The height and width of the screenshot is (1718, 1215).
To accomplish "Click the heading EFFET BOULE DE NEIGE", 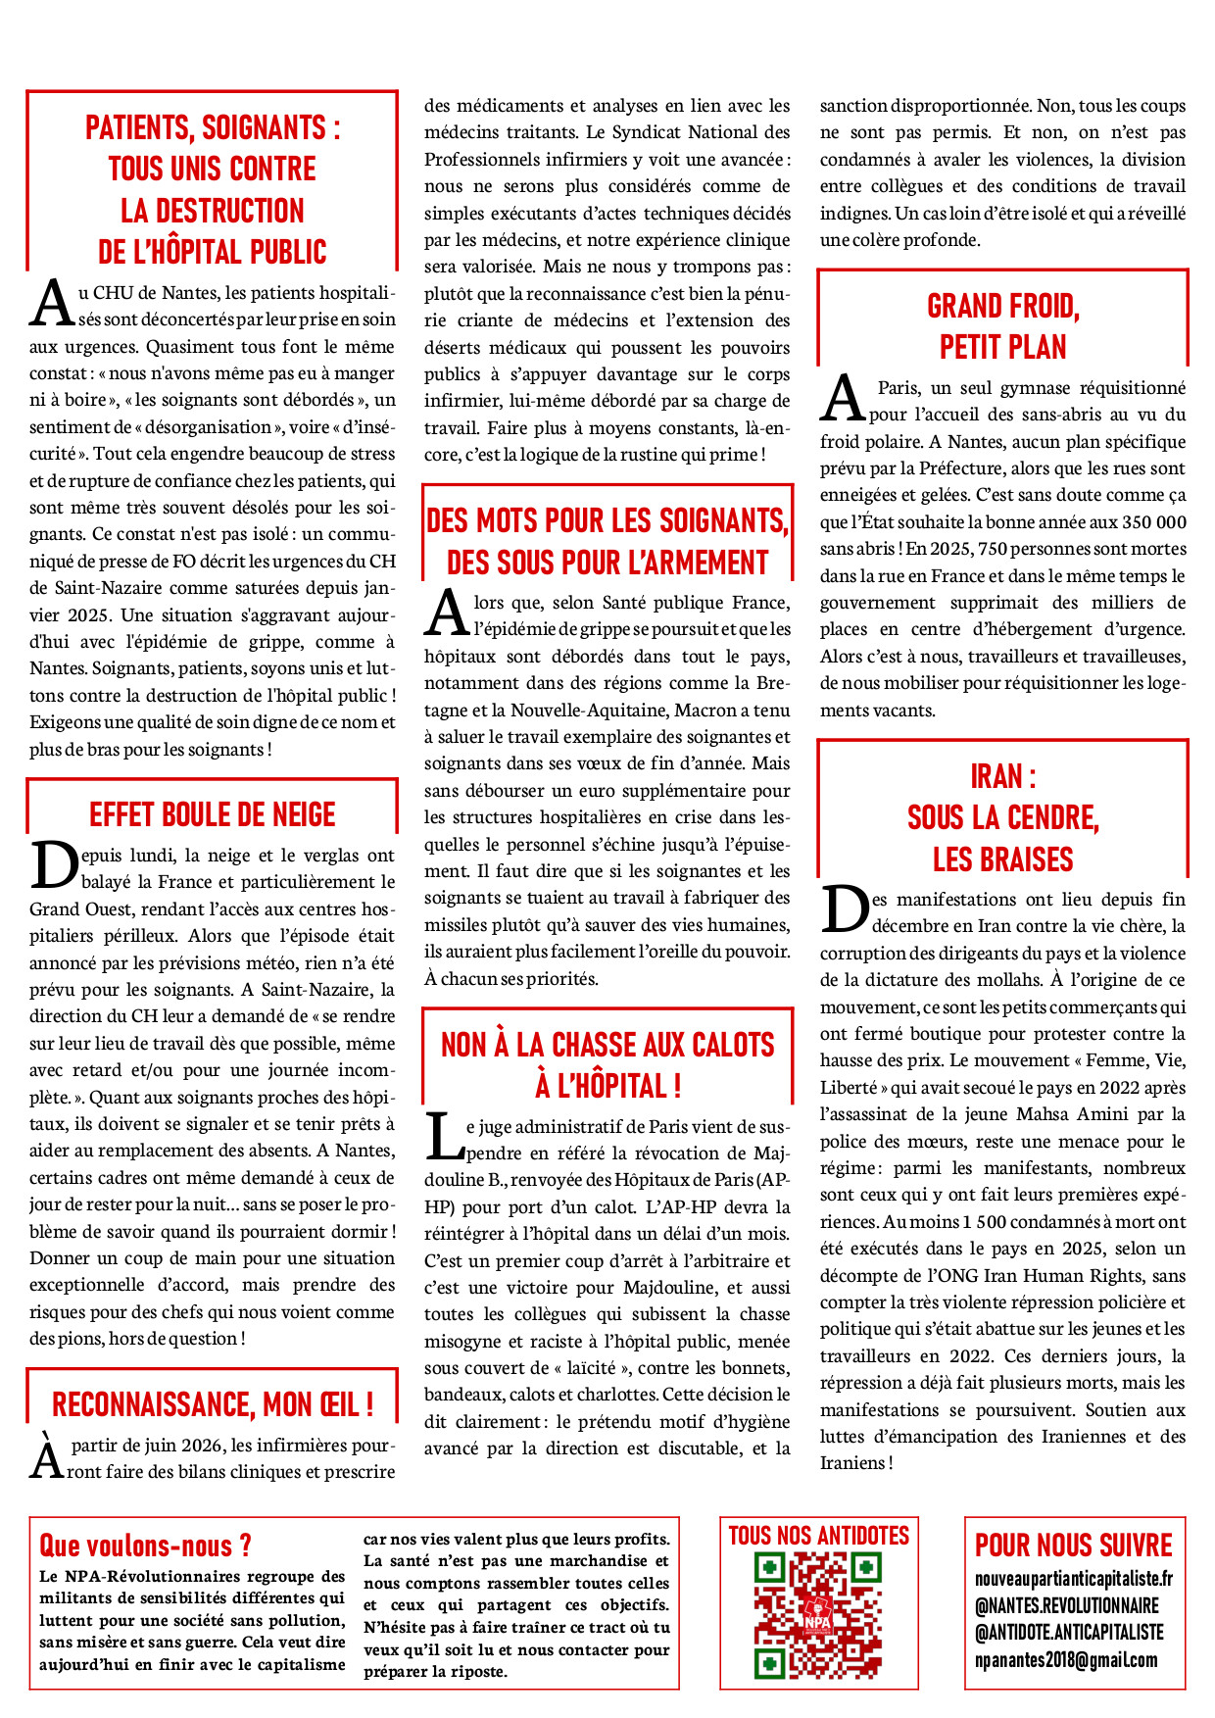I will click(x=212, y=814).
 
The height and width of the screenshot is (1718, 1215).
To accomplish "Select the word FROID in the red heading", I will click(x=1037, y=307).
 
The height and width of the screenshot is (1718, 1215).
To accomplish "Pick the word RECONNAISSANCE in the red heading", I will click(x=153, y=1404).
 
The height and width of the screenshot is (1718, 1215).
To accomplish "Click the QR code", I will click(x=818, y=1616).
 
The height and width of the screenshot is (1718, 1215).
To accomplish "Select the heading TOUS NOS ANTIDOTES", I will click(x=818, y=1536).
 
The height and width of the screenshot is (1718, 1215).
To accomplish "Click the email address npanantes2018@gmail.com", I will click(x=1066, y=1660).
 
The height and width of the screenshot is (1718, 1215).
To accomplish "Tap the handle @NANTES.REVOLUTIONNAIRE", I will click(x=1066, y=1605).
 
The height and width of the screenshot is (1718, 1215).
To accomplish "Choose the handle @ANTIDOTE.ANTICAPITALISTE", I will click(x=1069, y=1633).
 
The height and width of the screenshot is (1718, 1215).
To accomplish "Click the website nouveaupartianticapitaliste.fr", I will click(x=1073, y=1579).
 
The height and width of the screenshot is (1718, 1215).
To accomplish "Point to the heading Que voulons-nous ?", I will click(x=145, y=1546).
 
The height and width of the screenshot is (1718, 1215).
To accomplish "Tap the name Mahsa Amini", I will click(x=1065, y=1113).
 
